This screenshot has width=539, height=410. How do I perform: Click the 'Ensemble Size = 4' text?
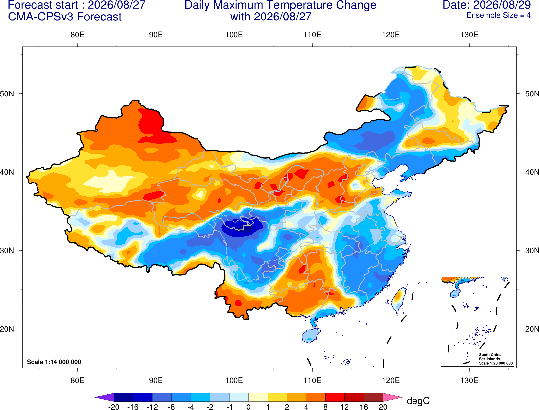click(x=498, y=15)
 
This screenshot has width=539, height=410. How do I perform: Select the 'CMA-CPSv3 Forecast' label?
click(x=65, y=17)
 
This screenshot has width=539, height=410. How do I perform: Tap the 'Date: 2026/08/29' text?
click(x=486, y=5)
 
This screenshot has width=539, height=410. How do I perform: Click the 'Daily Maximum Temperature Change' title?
click(x=280, y=5)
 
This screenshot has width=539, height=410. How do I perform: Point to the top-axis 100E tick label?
click(x=234, y=35)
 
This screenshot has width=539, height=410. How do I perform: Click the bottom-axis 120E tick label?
click(x=391, y=381)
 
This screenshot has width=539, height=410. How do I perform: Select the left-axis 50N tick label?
click(x=7, y=93)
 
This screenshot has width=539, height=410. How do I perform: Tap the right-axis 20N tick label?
click(x=532, y=329)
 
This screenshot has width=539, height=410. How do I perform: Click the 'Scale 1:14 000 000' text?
click(x=54, y=362)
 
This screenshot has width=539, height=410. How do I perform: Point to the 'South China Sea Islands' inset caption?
click(x=490, y=357)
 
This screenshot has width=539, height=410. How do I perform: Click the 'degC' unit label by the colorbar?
click(x=418, y=401)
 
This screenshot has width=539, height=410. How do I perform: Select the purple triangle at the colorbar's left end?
click(x=104, y=397)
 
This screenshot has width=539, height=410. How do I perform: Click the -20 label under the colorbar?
click(x=114, y=407)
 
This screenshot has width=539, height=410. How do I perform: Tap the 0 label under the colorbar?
click(x=248, y=407)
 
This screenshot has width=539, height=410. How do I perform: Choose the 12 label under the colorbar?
click(x=344, y=407)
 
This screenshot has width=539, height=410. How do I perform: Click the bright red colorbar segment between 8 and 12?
click(x=335, y=397)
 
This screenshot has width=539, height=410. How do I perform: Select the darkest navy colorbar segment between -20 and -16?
click(x=123, y=397)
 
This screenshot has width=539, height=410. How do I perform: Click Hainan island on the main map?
click(x=311, y=335)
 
